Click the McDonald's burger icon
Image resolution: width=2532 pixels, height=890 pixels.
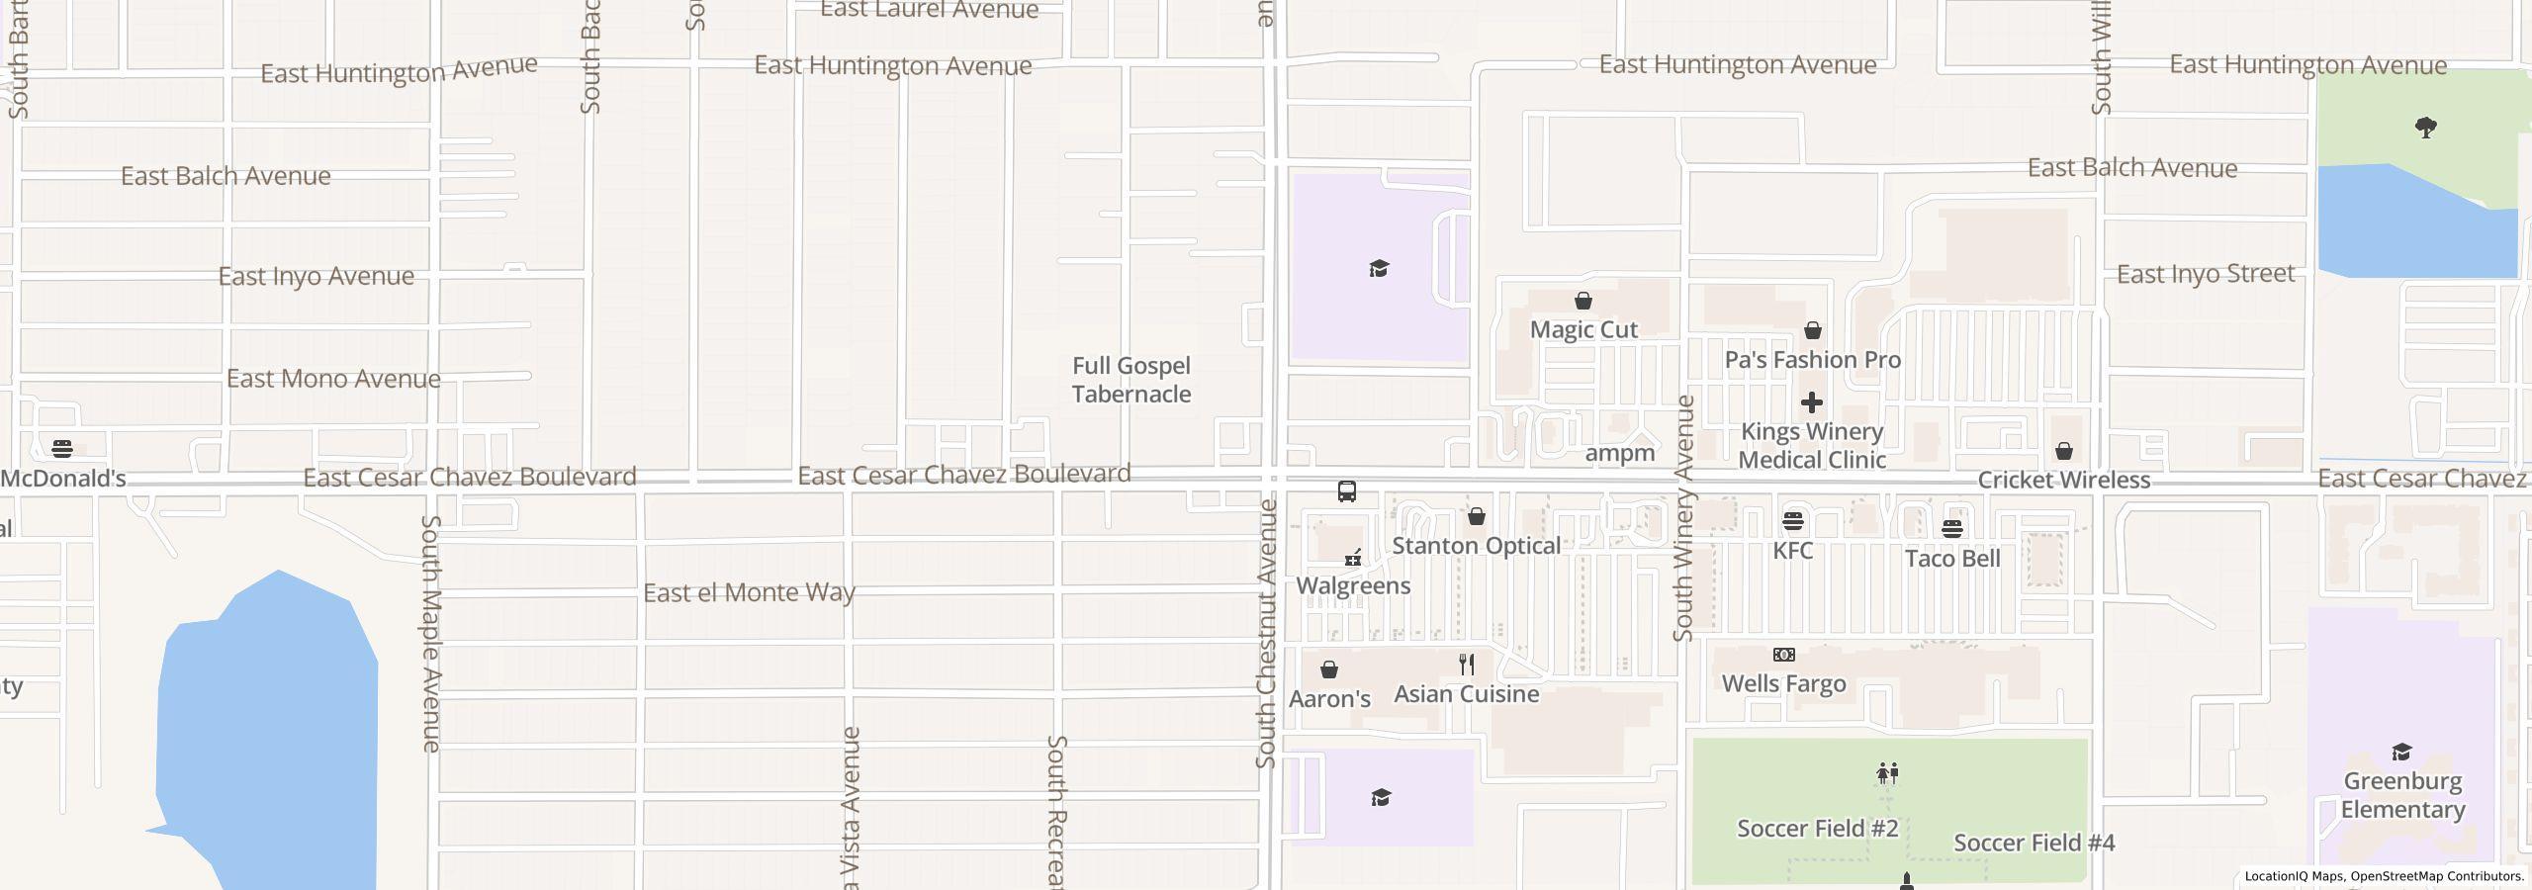pos(62,449)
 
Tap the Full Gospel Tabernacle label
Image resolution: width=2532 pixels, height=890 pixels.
pos(1131,380)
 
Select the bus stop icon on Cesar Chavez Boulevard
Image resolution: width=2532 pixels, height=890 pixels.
pos(1346,491)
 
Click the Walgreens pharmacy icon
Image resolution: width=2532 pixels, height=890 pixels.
pos(1353,559)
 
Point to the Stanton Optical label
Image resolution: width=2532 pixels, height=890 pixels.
pos(1476,546)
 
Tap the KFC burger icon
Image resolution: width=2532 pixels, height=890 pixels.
pos(1792,521)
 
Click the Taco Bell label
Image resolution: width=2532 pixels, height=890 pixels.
pos(1952,559)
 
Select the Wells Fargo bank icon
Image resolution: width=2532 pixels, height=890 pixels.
pos(1783,655)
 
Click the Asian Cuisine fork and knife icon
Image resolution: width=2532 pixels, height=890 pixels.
pos(1467,665)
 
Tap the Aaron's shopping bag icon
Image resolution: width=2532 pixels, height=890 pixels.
pos(1329,669)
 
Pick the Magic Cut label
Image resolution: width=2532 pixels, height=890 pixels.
pos(1583,330)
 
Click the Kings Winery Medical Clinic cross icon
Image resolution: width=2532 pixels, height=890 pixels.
pos(1812,402)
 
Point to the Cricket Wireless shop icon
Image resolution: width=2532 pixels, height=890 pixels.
pos(2064,452)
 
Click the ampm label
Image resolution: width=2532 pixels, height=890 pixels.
pos(1619,454)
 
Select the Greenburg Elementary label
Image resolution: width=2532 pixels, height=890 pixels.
pos(2402,795)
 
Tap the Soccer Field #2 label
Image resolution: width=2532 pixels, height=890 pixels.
pos(1817,829)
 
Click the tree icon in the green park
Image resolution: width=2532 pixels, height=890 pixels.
pos(2425,128)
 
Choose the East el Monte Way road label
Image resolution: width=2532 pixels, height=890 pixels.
pos(749,592)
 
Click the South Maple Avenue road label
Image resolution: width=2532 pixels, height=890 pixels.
pos(431,633)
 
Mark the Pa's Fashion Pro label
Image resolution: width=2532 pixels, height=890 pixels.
pos(1812,360)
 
